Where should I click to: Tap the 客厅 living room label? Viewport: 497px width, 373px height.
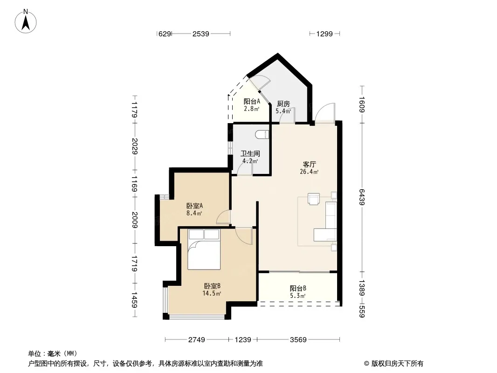[309, 165]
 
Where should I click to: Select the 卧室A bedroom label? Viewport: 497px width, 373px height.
[194, 206]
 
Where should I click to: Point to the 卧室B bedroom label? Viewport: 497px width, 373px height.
[212, 286]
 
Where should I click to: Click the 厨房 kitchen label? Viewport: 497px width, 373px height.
[283, 104]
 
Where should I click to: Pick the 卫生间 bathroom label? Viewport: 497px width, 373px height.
[250, 154]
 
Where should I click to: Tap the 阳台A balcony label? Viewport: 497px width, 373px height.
[252, 102]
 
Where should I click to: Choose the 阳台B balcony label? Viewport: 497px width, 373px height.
[298, 289]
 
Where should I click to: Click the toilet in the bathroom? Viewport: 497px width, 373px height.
[262, 134]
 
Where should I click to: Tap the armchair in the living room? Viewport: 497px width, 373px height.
[314, 199]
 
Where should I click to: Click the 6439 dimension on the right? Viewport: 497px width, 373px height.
[362, 197]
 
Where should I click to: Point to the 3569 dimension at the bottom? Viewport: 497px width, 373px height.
[298, 340]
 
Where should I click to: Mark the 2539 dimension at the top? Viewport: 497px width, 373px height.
[200, 34]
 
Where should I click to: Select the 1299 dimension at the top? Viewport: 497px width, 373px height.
[324, 34]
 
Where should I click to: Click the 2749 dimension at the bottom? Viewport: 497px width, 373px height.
[197, 340]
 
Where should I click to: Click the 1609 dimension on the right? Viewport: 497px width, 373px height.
[362, 104]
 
